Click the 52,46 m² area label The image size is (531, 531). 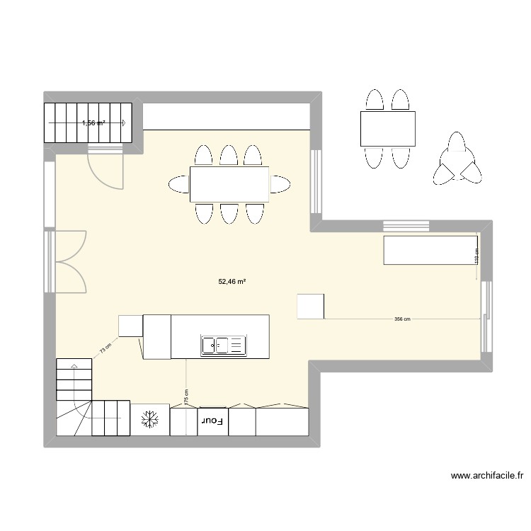point(232,281)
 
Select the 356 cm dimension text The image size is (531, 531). point(402,319)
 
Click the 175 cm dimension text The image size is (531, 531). point(186,396)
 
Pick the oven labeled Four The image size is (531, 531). point(212,421)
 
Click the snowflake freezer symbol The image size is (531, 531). point(149,420)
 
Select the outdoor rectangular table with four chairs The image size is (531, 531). point(387,128)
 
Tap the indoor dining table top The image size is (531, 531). point(229,184)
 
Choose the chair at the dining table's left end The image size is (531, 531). point(179,185)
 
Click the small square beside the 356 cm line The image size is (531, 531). point(311,306)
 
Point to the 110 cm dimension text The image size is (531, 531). point(476,256)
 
